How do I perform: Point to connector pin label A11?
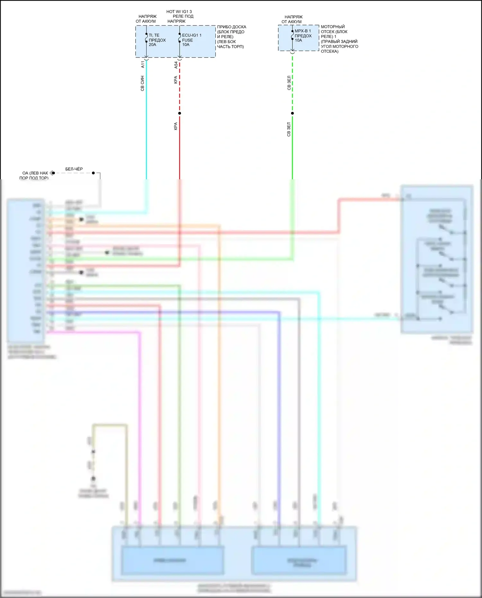[143, 64]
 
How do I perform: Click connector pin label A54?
[176, 65]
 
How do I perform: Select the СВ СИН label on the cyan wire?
[142, 84]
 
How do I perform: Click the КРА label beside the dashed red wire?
[175, 80]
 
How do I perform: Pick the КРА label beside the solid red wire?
[175, 126]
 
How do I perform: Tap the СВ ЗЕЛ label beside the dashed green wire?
[289, 83]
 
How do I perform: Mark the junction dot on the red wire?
[180, 113]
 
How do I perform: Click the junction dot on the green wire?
[292, 113]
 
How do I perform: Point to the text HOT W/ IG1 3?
[179, 12]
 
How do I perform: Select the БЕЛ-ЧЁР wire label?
[74, 169]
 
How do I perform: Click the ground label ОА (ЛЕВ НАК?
[35, 173]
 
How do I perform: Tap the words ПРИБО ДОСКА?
[231, 27]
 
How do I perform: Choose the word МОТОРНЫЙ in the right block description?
[333, 27]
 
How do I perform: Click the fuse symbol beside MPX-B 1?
[292, 35]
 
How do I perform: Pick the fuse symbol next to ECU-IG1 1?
[180, 38]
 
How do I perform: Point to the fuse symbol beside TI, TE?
[146, 38]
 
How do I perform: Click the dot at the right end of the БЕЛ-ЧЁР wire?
[93, 173]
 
